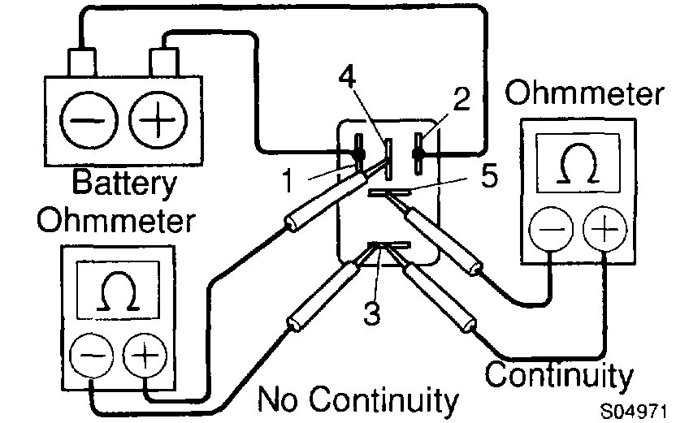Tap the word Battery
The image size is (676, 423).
pos(124,183)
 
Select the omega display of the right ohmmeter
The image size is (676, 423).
pos(578,168)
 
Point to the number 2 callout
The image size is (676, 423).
pos(461,101)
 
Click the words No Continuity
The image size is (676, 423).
pos(358,399)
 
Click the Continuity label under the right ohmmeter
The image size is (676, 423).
pos(559,375)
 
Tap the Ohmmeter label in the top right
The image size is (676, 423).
pos(583,94)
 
